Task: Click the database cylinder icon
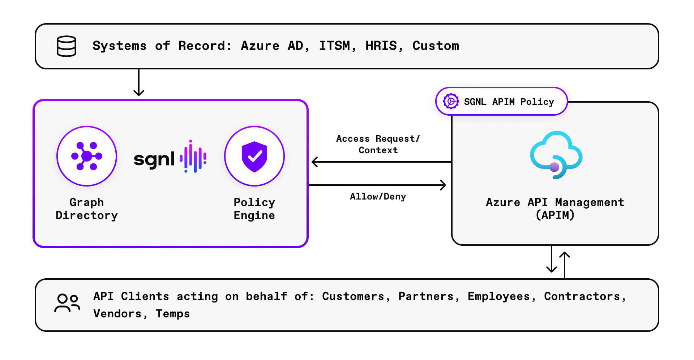67,46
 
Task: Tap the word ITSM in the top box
335,46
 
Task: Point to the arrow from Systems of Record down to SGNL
139,83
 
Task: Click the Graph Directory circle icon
87,156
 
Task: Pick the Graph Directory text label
87,209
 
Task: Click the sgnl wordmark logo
154,159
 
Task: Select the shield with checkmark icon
254,156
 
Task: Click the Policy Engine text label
254,209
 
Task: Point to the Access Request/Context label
378,144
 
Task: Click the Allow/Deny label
378,197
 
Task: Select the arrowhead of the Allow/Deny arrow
443,185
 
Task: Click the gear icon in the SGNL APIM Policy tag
451,101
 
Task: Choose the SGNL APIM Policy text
509,102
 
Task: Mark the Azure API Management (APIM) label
555,209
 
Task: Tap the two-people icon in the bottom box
67,303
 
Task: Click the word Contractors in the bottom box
582,296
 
